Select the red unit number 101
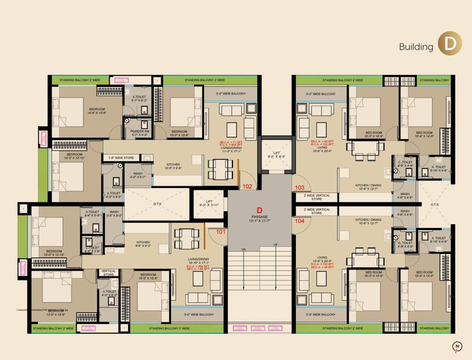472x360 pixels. pyautogui.click(x=221, y=231)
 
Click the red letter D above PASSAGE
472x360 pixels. pyautogui.click(x=259, y=210)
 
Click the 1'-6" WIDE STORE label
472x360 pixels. pyautogui.click(x=121, y=158)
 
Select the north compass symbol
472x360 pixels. pyautogui.click(x=456, y=346)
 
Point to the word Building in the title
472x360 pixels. pyautogui.click(x=416, y=47)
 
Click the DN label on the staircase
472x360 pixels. pyautogui.click(x=244, y=249)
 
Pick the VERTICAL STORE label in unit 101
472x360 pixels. pyautogui.click(x=109, y=273)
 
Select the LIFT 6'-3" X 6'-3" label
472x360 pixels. pyautogui.click(x=276, y=154)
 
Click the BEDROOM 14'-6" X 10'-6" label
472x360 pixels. pyautogui.click(x=97, y=111)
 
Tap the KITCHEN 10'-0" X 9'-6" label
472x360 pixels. pyautogui.click(x=173, y=166)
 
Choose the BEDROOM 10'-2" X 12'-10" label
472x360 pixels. pyautogui.click(x=75, y=156)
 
